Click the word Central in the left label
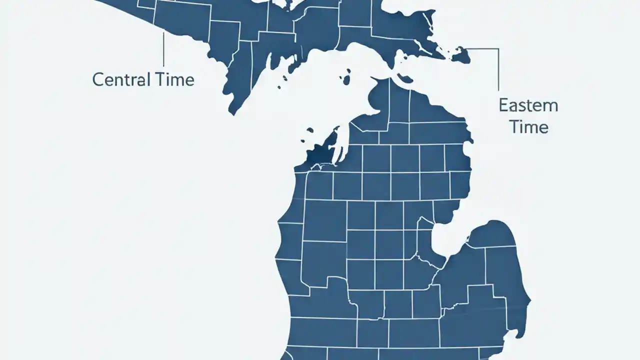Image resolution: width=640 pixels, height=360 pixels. click(x=121, y=79)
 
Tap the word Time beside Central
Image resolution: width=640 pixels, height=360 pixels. click(x=174, y=79)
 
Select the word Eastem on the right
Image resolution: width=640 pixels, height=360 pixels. click(x=528, y=105)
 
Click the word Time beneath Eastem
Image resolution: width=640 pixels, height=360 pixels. click(x=529, y=126)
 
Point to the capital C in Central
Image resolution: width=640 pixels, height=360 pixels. click(x=98, y=79)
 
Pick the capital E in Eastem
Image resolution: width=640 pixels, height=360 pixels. click(x=503, y=105)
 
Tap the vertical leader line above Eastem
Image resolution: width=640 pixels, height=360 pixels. click(x=498, y=70)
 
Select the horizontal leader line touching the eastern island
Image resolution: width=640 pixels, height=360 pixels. click(x=482, y=49)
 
